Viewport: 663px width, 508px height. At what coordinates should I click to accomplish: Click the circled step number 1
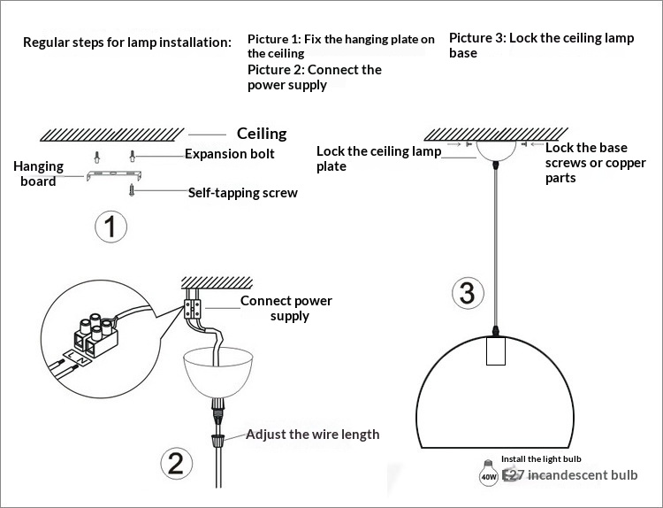coord(110,227)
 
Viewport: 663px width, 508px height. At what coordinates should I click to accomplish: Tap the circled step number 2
coord(176,463)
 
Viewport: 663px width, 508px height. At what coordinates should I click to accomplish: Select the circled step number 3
coord(468,293)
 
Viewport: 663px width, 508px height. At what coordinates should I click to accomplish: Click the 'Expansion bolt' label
coord(229,154)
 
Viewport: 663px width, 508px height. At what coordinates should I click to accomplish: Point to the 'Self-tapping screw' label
coord(242,193)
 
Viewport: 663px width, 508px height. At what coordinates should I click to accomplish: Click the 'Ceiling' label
coord(262,134)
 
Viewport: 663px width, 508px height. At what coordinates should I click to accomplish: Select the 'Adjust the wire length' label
coord(312,435)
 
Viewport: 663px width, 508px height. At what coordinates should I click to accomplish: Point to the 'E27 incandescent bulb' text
coord(569,475)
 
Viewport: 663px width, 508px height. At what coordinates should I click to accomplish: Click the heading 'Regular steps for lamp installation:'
coord(127,42)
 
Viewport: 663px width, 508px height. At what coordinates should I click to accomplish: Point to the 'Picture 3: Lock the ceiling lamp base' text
coord(541,45)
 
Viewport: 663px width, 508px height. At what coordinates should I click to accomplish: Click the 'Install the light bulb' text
coord(541,459)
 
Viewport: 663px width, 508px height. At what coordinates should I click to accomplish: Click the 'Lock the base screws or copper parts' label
coord(586,163)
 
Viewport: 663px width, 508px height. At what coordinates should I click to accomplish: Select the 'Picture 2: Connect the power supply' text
coord(314,77)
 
